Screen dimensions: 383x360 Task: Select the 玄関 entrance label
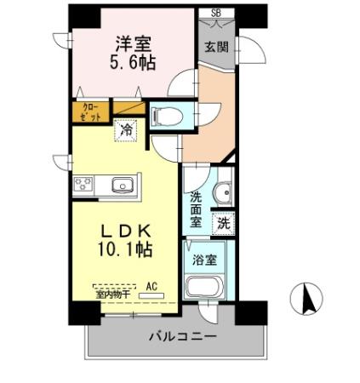pyautogui.click(x=215, y=48)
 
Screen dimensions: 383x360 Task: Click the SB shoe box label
pyautogui.click(x=215, y=13)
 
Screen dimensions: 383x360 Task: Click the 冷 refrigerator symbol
pyautogui.click(x=125, y=131)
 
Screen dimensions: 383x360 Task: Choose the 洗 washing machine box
pyautogui.click(x=223, y=224)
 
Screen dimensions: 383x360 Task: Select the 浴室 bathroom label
pyautogui.click(x=204, y=259)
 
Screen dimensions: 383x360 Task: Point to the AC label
pyautogui.click(x=152, y=287)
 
